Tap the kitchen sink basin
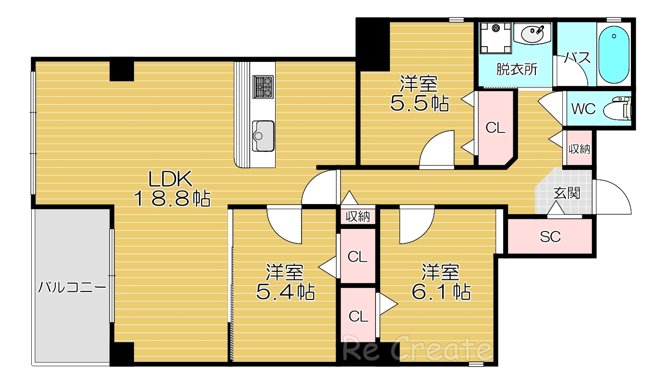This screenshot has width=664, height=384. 263,136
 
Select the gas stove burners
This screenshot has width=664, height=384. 263,87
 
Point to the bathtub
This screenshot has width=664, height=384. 614,55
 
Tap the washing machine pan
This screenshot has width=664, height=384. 496,38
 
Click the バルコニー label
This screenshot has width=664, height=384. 72,287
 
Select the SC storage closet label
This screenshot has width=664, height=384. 550,237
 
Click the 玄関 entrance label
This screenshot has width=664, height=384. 567,193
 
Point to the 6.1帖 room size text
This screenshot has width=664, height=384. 441,291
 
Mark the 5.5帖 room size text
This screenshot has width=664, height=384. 419,103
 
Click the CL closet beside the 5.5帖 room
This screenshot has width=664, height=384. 495,128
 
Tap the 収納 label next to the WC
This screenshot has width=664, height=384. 579,149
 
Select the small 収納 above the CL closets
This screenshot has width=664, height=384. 358,216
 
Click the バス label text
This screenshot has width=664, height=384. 577,58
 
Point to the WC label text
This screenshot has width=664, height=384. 583,109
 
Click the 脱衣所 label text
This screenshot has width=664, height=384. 517,69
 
